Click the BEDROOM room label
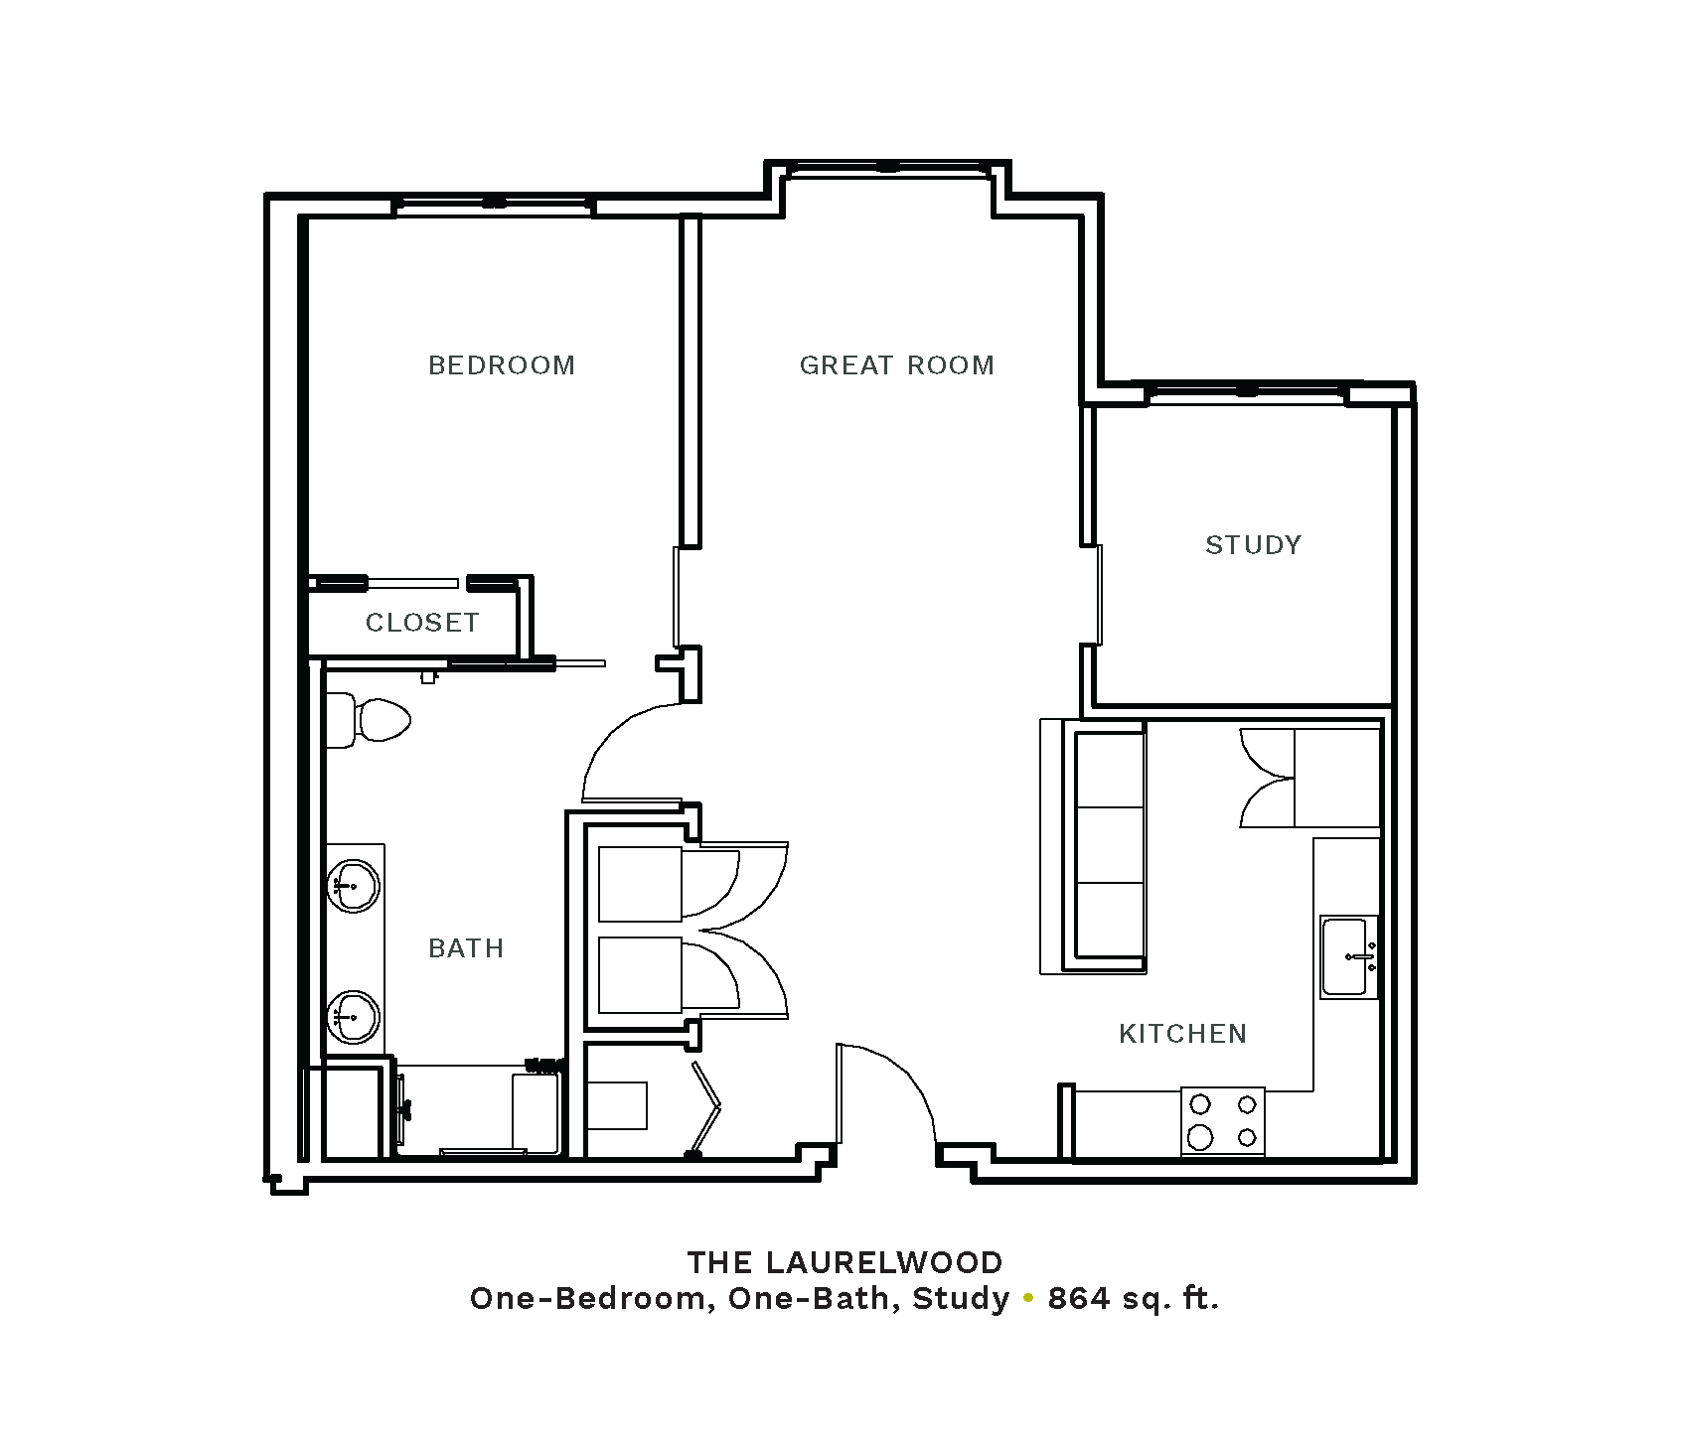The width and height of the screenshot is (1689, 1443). [x=502, y=365]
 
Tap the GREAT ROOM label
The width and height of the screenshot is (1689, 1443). [x=897, y=365]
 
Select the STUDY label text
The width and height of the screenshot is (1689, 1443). [x=1253, y=545]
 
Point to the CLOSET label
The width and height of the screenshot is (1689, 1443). [x=422, y=623]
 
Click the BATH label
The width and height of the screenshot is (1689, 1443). [x=466, y=948]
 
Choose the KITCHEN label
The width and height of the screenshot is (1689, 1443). [x=1182, y=1034]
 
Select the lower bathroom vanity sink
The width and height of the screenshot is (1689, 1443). [x=352, y=1017]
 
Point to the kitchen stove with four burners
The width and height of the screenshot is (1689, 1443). [x=1223, y=1121]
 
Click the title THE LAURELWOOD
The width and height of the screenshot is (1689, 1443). [x=845, y=1263]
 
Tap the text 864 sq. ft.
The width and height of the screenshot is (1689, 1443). [x=1133, y=1299]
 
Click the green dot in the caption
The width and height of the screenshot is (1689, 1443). [x=1028, y=1298]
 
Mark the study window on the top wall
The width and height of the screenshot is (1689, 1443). [x=1247, y=391]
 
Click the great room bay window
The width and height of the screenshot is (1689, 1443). [x=888, y=169]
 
